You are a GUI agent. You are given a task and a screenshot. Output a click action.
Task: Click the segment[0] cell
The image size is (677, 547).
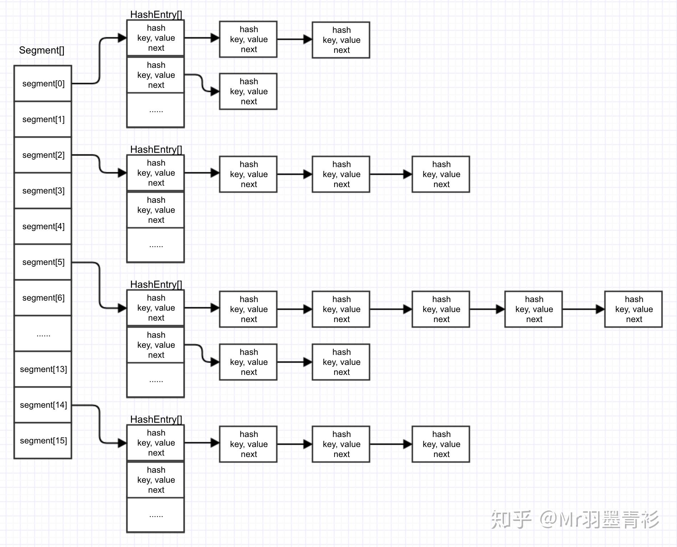pyautogui.click(x=43, y=84)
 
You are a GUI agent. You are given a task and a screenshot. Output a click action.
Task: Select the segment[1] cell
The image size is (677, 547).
pyautogui.click(x=43, y=119)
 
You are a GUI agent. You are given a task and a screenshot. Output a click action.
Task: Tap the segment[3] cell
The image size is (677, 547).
pyautogui.click(x=43, y=191)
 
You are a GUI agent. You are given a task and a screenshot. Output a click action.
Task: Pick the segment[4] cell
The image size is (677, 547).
pyautogui.click(x=43, y=226)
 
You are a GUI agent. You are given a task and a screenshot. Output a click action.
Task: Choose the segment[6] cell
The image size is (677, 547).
pyautogui.click(x=43, y=298)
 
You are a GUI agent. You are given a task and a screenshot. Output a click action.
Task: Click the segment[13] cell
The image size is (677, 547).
pyautogui.click(x=43, y=369)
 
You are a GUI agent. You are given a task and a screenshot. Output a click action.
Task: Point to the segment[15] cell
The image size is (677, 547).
pyautogui.click(x=43, y=441)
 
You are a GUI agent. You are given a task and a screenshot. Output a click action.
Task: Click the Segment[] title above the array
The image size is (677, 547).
pyautogui.click(x=42, y=50)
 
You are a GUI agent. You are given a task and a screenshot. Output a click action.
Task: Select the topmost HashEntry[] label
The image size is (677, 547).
pyautogui.click(x=156, y=14)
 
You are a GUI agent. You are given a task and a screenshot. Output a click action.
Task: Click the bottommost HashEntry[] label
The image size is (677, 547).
pyautogui.click(x=156, y=419)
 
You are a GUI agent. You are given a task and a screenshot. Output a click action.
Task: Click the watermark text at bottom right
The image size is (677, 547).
pyautogui.click(x=575, y=520)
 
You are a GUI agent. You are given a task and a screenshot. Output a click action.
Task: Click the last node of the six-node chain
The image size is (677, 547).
pyautogui.click(x=633, y=309)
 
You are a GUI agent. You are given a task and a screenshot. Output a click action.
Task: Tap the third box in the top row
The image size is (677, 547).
pyautogui.click(x=341, y=40)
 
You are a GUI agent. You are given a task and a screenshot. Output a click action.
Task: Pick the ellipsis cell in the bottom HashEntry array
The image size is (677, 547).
pyautogui.click(x=156, y=515)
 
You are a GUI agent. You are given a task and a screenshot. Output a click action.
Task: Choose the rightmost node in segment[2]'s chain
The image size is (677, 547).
pyautogui.click(x=441, y=174)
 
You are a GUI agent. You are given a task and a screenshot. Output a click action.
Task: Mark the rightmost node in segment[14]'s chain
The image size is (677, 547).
pyautogui.click(x=441, y=444)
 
